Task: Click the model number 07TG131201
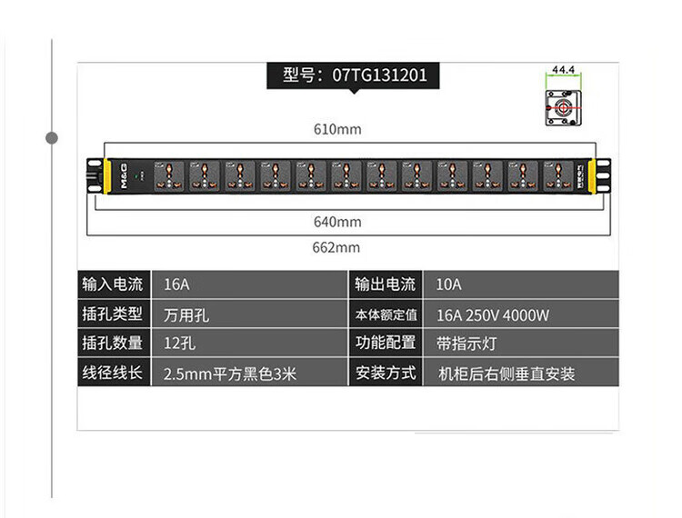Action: coord(380,75)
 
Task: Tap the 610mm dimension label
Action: coord(337,129)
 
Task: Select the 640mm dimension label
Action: coord(337,222)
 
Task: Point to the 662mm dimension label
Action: coord(337,247)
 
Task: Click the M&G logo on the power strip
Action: coord(122,174)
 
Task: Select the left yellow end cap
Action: coord(105,174)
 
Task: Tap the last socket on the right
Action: coord(557,174)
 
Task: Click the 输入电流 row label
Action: coord(112,284)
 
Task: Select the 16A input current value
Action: coord(176,284)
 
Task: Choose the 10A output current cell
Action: coord(448,284)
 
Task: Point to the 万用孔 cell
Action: coord(186,315)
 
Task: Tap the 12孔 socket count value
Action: coord(179,344)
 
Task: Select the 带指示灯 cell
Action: coord(466,344)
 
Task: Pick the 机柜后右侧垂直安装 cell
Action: coord(506,374)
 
